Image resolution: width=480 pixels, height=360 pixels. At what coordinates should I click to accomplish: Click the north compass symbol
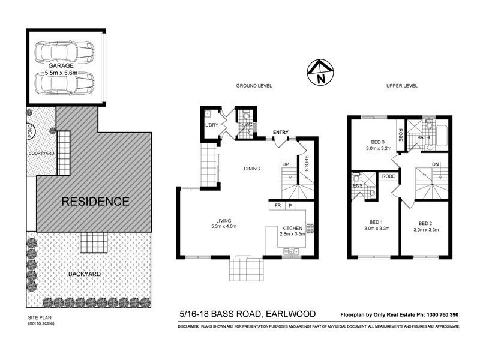pyautogui.click(x=319, y=72)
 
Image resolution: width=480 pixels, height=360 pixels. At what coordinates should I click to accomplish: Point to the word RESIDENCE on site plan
pyautogui.click(x=96, y=202)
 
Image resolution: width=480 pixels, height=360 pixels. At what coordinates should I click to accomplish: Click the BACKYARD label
pyautogui.click(x=84, y=274)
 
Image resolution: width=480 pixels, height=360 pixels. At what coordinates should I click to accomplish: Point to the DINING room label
pyautogui.click(x=252, y=169)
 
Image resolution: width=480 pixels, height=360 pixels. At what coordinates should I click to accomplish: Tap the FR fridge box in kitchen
pyautogui.click(x=277, y=205)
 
